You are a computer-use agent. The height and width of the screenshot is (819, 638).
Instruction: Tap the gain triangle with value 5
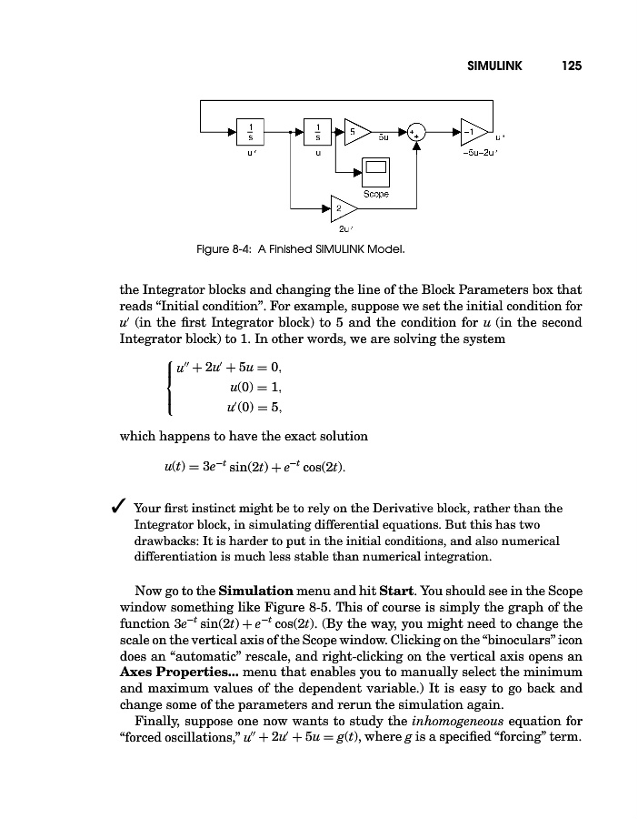[356, 131]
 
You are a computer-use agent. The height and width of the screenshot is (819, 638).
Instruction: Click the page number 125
[571, 66]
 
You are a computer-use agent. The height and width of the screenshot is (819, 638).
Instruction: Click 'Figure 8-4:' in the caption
[226, 248]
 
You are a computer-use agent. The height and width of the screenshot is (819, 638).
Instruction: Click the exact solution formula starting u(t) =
[254, 469]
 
